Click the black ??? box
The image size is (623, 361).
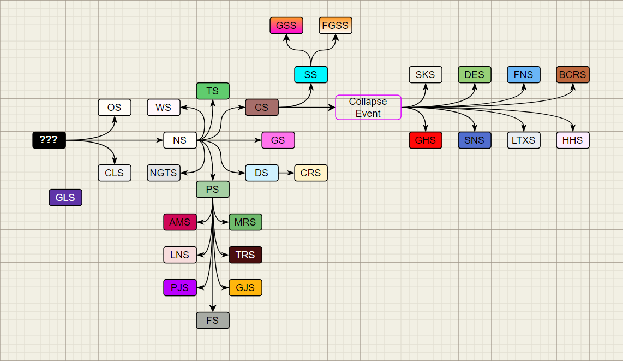49,140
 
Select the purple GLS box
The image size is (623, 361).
65,198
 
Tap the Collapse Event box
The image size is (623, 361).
368,108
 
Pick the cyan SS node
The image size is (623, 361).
311,75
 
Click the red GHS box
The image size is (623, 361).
426,140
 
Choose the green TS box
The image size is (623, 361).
213,91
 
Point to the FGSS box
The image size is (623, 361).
336,26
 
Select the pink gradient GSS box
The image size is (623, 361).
286,26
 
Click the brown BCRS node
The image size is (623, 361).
573,75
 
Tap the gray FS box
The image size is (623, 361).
213,321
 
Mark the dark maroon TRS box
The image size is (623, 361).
245,255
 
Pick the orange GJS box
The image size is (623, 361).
245,288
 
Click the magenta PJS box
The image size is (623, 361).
180,288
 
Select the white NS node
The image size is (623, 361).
180,140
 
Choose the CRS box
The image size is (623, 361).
311,173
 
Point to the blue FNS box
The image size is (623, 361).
524,75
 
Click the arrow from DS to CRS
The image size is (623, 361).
286,173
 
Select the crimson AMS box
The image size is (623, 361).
180,222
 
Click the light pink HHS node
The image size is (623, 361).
573,140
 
